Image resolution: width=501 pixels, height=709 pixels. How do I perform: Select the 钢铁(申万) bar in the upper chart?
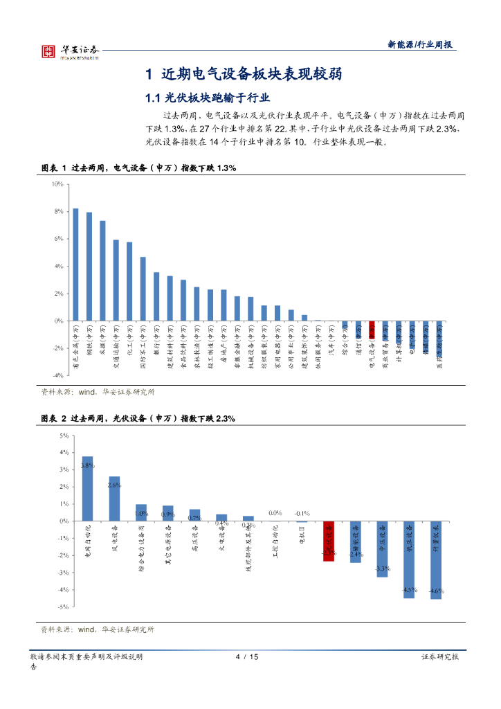point(89,267)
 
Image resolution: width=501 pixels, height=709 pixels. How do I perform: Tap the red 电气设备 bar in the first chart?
point(372,328)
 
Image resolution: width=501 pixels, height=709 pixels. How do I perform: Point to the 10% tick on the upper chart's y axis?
point(57,184)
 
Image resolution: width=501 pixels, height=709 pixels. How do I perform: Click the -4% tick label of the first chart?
point(58,375)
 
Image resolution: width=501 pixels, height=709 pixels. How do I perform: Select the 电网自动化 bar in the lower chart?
point(88,488)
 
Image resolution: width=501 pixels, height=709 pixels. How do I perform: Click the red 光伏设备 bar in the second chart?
point(329,541)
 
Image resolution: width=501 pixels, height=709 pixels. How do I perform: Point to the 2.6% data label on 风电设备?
point(114,485)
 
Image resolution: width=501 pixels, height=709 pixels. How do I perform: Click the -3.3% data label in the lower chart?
point(382,568)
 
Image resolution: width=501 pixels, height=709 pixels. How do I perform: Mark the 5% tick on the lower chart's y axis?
point(64,436)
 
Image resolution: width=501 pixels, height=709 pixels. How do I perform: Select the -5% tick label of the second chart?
point(63,607)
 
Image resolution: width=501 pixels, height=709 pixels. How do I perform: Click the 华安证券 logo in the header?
point(70,51)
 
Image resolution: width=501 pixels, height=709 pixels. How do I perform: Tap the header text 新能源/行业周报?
point(420,44)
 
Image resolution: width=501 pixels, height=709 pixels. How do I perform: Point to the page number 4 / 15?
point(247,657)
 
